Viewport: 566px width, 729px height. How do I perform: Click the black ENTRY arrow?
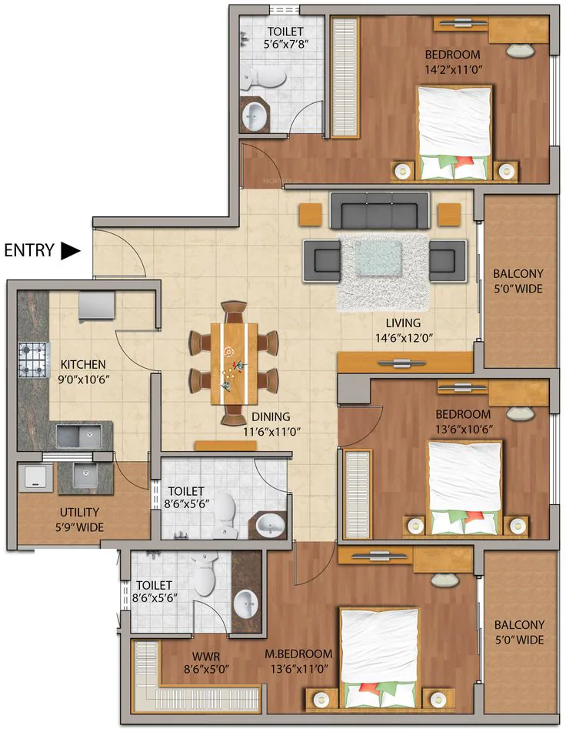[x=71, y=251]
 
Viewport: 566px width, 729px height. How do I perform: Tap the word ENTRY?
[x=29, y=251]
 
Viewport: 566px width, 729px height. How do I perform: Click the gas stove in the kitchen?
[x=33, y=359]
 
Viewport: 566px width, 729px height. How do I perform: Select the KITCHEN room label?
[x=84, y=365]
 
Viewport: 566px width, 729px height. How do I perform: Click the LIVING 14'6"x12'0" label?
[x=404, y=330]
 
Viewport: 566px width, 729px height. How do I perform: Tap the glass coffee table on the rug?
[x=378, y=257]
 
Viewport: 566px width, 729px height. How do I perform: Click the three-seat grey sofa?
[x=379, y=211]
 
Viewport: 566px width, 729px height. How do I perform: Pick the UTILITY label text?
[x=79, y=513]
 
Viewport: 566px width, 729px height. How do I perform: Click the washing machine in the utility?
[x=35, y=478]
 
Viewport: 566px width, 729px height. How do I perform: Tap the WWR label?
[x=206, y=657]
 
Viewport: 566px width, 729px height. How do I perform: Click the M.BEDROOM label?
[x=298, y=654]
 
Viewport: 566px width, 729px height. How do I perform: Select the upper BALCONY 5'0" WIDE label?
[x=518, y=281]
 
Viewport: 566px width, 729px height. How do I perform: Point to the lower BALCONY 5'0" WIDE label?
[x=518, y=632]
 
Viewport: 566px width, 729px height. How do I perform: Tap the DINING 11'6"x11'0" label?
[x=271, y=424]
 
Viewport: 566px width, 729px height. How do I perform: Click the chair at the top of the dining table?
[x=234, y=312]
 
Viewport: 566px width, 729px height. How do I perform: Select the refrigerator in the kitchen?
[x=97, y=306]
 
